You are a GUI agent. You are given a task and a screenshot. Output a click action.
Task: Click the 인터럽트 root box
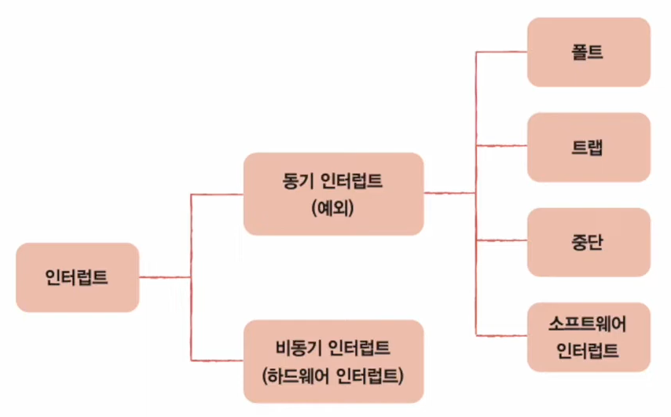(x=77, y=277)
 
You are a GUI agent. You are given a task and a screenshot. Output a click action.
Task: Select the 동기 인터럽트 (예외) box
(x=333, y=193)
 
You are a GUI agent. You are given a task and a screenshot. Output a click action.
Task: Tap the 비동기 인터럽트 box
(x=333, y=360)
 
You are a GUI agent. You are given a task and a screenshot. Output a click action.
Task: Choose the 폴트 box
(x=588, y=52)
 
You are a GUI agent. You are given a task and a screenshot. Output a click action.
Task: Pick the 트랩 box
(x=588, y=147)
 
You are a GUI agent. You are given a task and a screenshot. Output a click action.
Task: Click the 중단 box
(x=588, y=242)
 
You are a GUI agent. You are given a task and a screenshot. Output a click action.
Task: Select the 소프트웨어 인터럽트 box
(x=588, y=337)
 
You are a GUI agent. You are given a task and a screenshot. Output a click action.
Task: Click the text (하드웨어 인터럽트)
(x=333, y=375)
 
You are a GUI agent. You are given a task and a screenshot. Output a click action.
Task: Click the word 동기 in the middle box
(x=297, y=180)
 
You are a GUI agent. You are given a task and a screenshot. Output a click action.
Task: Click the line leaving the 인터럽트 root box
(x=164, y=277)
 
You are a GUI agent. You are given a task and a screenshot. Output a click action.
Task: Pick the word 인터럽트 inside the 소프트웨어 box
(x=588, y=350)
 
